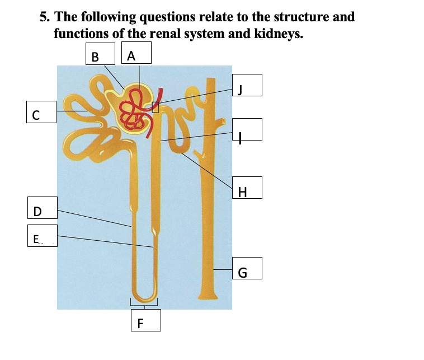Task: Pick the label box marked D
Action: coord(43,210)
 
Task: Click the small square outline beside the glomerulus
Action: coord(156,107)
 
